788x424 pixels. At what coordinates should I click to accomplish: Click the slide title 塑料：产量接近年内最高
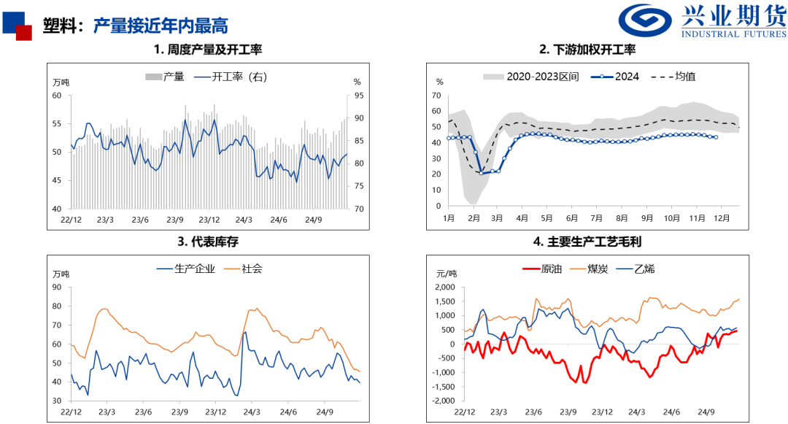[135, 25]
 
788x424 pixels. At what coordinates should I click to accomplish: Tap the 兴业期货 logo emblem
[647, 21]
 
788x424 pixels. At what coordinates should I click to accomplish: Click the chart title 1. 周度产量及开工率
[208, 50]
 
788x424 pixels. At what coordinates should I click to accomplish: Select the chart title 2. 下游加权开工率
[587, 50]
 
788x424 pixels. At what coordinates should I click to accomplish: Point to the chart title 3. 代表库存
[208, 242]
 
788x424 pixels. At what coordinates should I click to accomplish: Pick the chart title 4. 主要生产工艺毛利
[587, 242]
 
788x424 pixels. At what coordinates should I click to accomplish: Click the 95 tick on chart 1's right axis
[357, 96]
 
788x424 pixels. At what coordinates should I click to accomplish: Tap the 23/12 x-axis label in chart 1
[209, 220]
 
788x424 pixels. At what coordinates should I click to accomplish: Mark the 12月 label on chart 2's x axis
[722, 218]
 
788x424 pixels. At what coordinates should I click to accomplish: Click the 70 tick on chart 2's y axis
[437, 96]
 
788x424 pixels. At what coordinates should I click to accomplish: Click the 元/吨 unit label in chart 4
[446, 273]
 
